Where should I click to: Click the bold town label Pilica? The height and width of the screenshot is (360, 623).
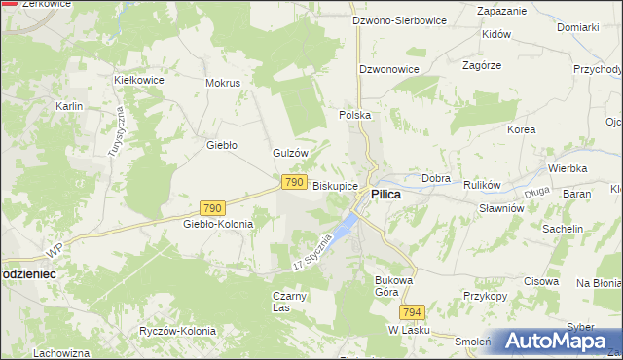click(386, 195)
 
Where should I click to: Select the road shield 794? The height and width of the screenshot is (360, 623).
click(412, 312)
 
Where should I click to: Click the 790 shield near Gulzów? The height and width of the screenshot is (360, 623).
click(295, 182)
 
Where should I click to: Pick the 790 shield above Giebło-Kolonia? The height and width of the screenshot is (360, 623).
click(213, 208)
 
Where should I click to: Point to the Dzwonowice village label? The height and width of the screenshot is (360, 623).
click(388, 70)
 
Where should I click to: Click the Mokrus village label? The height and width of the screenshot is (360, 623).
click(222, 83)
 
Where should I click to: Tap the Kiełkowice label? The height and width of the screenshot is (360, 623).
click(136, 79)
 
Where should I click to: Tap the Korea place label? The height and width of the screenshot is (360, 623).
click(522, 128)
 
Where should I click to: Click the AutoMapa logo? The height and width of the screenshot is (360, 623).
click(552, 341)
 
